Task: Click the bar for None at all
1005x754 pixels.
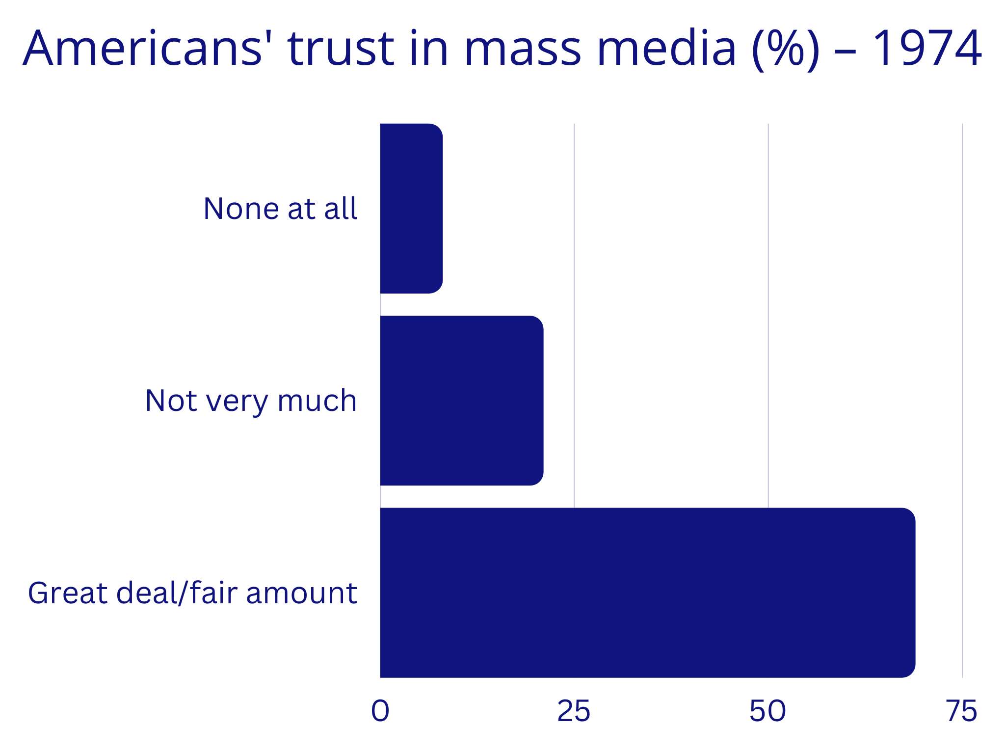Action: click(411, 209)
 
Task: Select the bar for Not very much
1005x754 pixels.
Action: click(461, 401)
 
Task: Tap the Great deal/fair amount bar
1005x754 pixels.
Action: click(647, 592)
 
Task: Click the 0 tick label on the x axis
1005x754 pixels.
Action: click(380, 711)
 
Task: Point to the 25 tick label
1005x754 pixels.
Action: click(574, 711)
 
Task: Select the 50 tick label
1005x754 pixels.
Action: click(767, 711)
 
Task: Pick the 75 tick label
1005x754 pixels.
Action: click(962, 711)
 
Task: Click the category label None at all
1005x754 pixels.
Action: click(280, 209)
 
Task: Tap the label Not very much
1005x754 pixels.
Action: click(251, 401)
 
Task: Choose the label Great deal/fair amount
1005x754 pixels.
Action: click(192, 593)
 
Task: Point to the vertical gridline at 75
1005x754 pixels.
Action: click(962, 344)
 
